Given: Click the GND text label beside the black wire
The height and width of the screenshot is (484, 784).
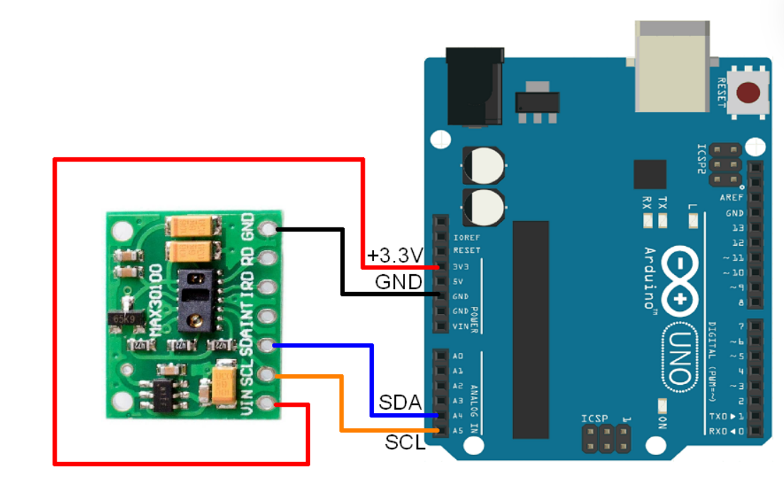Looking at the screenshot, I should (398, 282).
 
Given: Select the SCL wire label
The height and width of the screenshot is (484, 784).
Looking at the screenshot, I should (405, 443).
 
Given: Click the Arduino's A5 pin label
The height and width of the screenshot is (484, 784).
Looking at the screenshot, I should (458, 430).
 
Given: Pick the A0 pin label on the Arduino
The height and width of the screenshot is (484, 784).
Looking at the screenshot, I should (458, 356).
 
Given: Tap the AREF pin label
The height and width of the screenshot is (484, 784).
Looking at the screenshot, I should (731, 198).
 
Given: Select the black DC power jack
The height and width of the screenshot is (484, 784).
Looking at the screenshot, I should (474, 85).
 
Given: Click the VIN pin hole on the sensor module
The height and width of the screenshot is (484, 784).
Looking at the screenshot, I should (267, 403).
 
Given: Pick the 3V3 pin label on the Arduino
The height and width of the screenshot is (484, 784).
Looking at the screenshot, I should (461, 266).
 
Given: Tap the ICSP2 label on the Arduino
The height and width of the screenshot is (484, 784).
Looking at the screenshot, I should (701, 159).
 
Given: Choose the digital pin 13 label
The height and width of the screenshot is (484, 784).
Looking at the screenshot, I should (738, 227).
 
